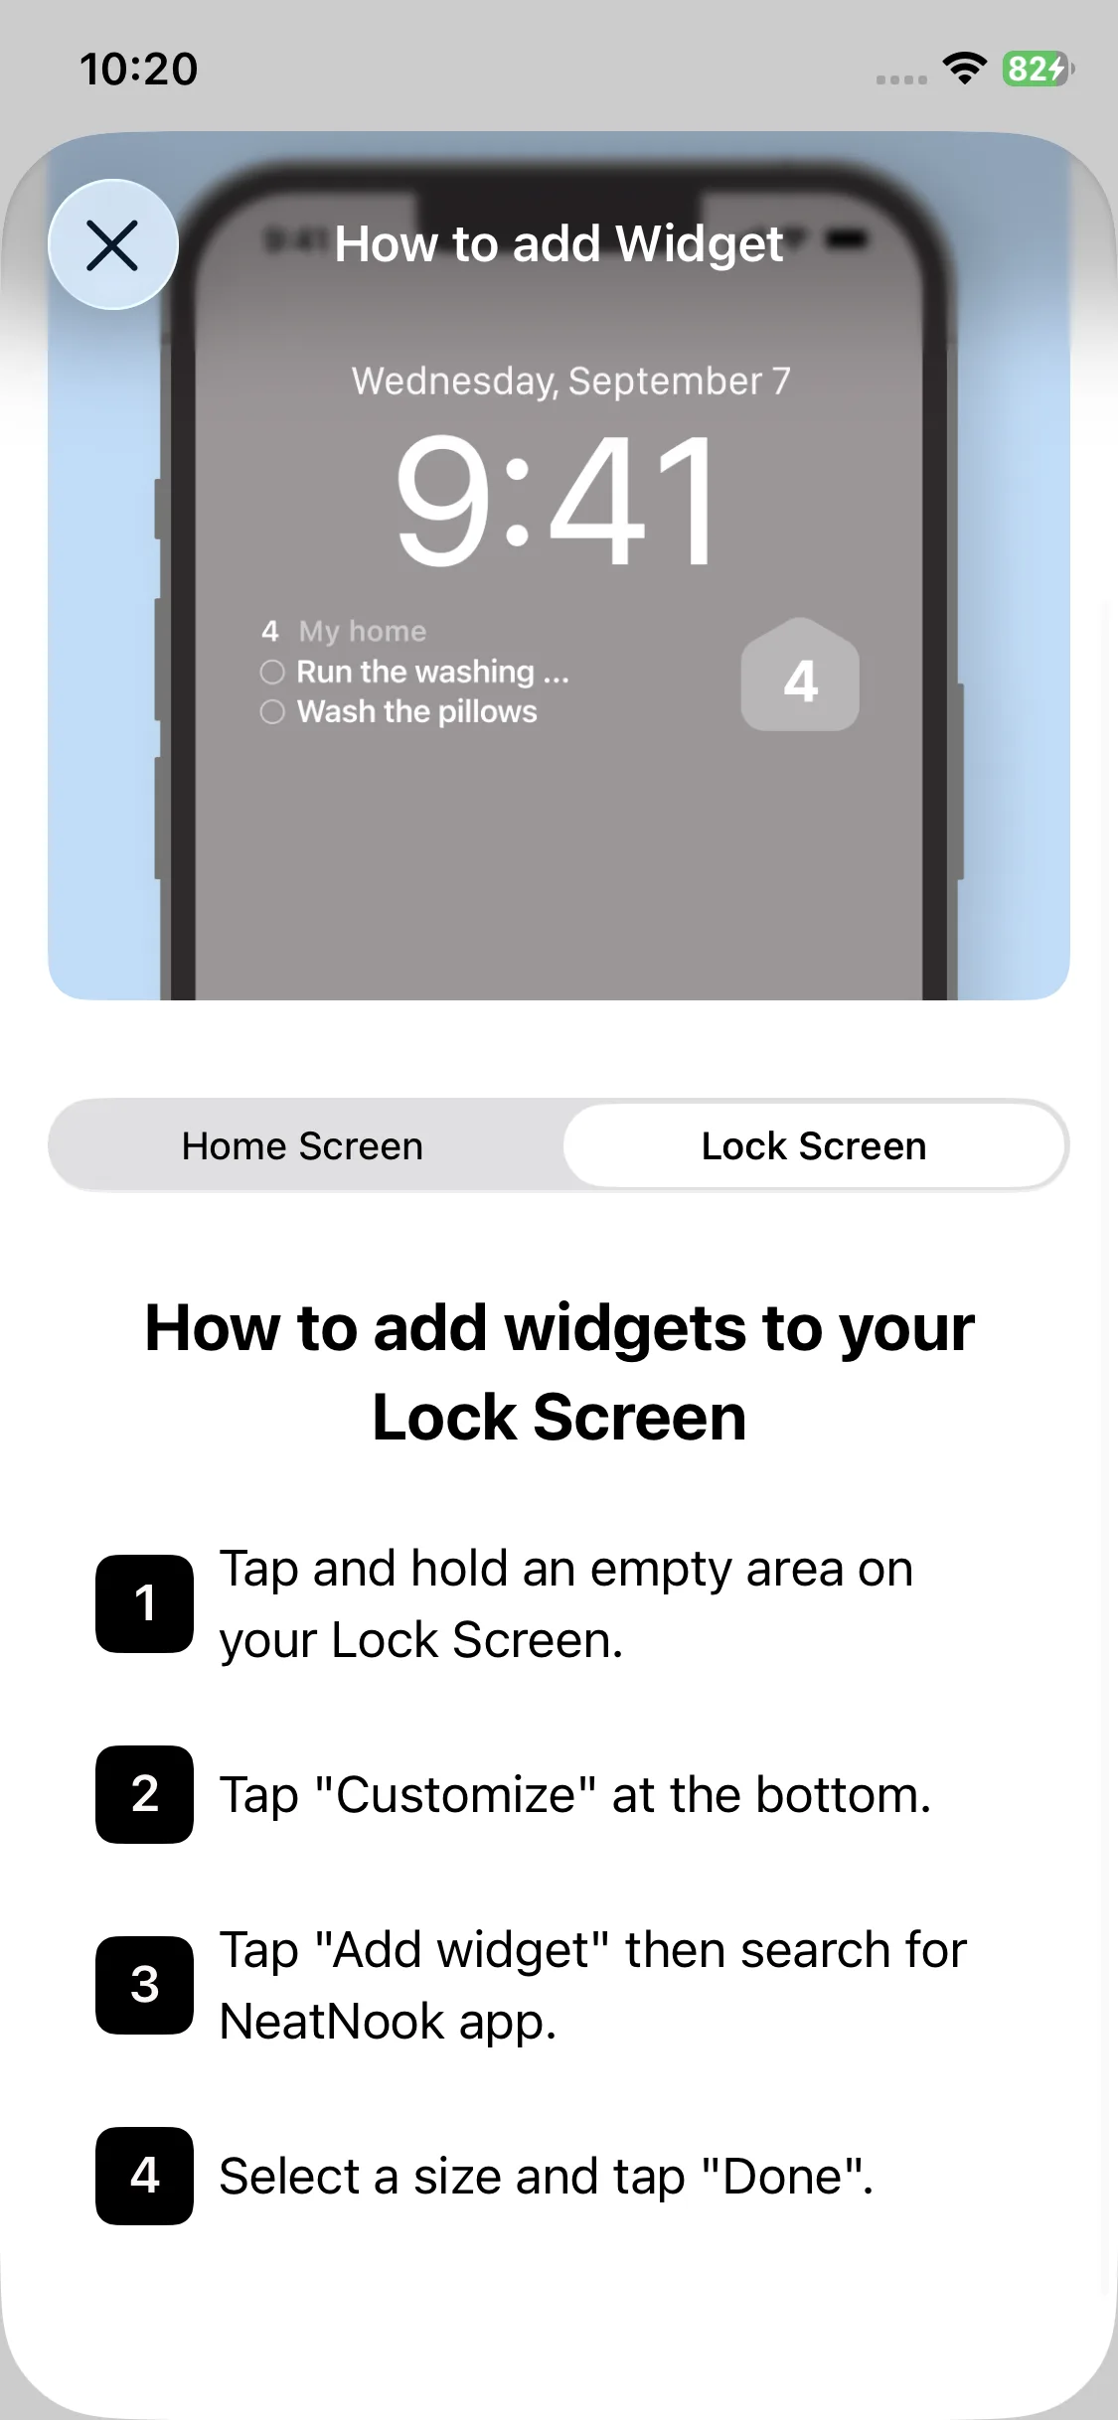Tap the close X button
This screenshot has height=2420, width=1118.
click(x=113, y=244)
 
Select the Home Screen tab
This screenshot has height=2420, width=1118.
click(x=303, y=1145)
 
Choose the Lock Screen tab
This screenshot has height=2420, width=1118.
click(x=814, y=1145)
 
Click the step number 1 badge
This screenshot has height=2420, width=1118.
click(x=145, y=1603)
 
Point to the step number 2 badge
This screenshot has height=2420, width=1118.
click(x=145, y=1794)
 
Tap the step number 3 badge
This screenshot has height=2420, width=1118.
click(x=145, y=1985)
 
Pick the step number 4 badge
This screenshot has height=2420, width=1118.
click(x=145, y=2176)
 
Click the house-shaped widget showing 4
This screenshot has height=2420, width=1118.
click(x=800, y=676)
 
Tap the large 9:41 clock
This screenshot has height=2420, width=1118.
click(x=557, y=502)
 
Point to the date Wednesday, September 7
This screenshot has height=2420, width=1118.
click(x=571, y=381)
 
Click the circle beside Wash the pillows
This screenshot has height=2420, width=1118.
click(x=272, y=711)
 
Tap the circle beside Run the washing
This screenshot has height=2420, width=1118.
click(x=272, y=672)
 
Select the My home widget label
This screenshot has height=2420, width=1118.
click(x=363, y=632)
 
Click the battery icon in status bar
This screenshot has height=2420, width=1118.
click(x=1038, y=69)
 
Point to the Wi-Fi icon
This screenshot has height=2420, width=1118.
click(x=964, y=68)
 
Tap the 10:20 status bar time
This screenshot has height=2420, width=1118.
click(x=139, y=69)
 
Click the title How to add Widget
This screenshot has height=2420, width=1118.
click(x=559, y=244)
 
